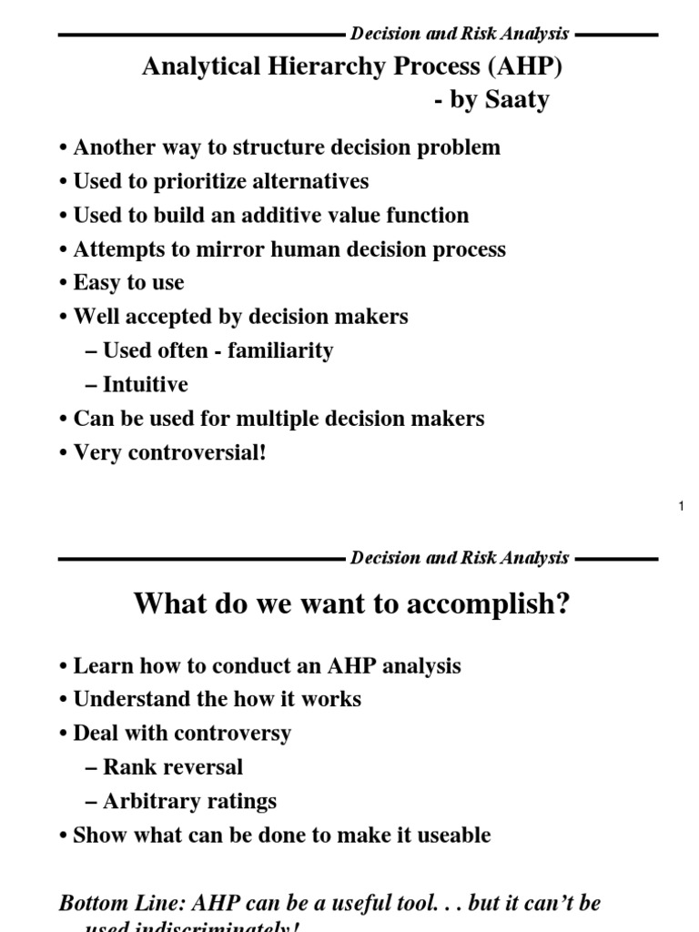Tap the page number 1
point(681,507)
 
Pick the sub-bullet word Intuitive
point(146,384)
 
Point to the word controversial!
point(193,452)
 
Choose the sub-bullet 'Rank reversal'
point(172,767)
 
